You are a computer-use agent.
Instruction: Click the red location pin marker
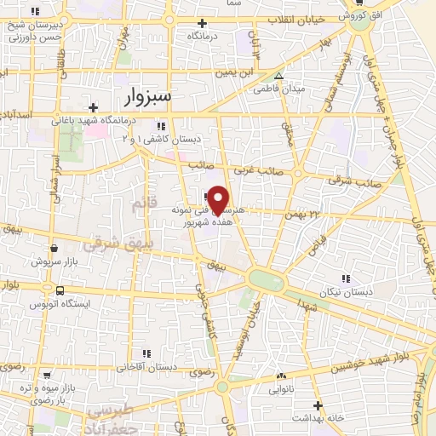click(x=218, y=199)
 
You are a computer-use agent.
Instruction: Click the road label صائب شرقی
click(x=354, y=181)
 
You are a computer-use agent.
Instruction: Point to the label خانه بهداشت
click(x=318, y=418)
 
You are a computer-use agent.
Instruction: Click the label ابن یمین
click(x=258, y=72)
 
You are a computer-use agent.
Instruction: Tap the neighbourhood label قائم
click(x=140, y=203)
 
